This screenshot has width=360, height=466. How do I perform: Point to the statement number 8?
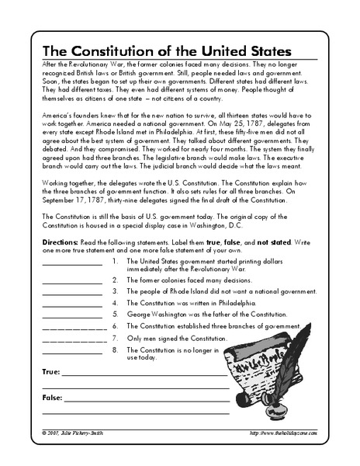coord(115,351)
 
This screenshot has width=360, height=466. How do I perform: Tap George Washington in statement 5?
coord(159,315)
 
